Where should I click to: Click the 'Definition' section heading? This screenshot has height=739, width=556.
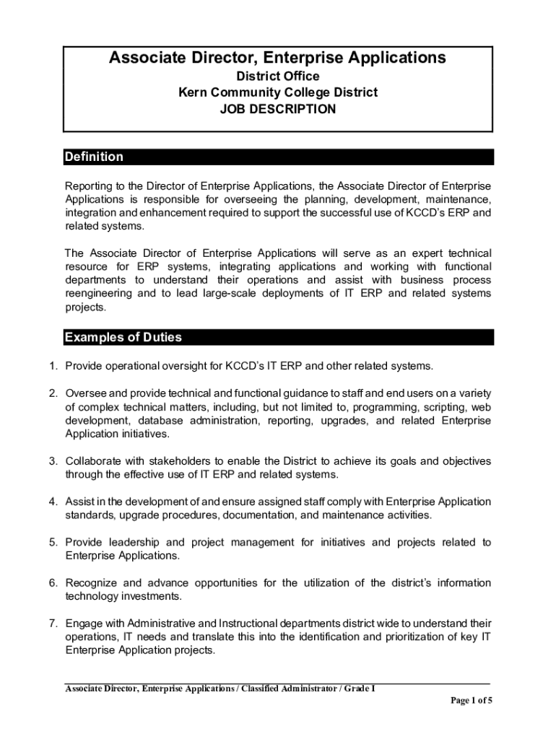[94, 157]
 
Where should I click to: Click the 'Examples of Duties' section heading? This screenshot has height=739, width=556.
[123, 337]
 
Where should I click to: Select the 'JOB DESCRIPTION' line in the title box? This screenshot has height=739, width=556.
[278, 110]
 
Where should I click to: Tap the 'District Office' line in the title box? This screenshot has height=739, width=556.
[278, 76]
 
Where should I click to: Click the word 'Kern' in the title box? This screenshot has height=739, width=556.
[194, 92]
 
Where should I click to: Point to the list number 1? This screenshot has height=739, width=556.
[53, 366]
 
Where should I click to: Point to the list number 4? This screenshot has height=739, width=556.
[53, 502]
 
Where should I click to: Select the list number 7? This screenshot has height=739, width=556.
[53, 623]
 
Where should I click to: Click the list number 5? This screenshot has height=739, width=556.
[53, 542]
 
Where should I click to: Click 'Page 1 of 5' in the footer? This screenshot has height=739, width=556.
[471, 700]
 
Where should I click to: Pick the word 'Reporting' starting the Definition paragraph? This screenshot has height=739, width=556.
[88, 186]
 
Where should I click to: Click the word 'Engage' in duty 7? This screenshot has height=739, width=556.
[83, 623]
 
